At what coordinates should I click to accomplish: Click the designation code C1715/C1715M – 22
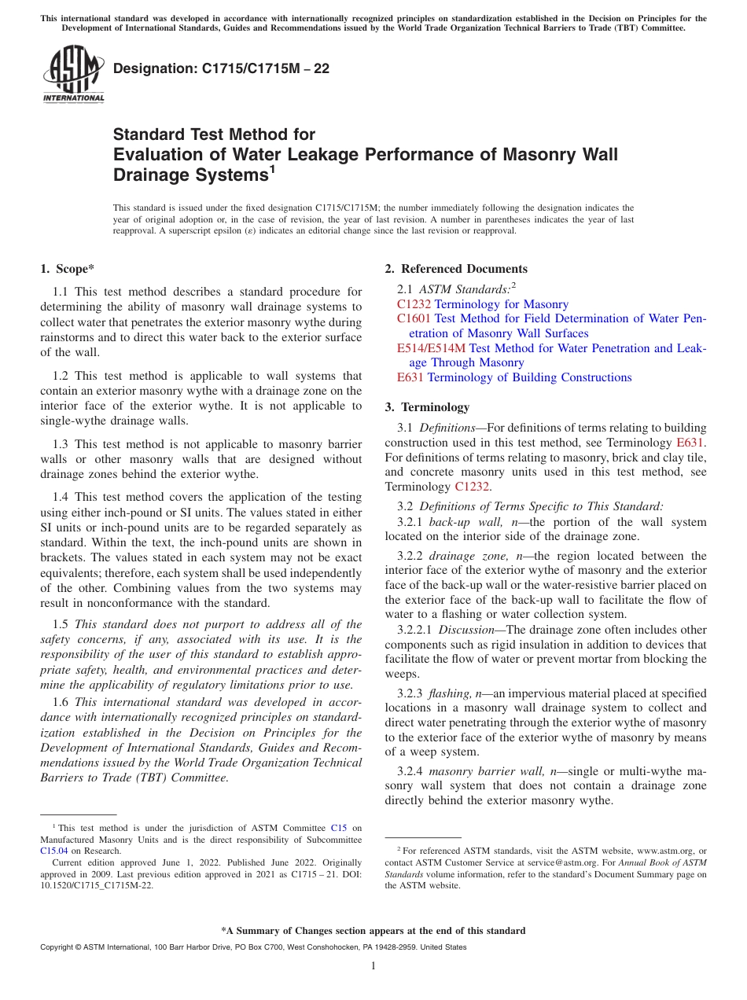(221, 68)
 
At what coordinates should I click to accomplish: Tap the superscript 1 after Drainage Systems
(273, 167)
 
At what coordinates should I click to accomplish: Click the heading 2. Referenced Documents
(456, 269)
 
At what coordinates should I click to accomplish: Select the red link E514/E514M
(432, 347)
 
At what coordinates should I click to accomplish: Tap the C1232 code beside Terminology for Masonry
(414, 304)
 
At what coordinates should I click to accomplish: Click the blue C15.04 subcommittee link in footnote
(53, 850)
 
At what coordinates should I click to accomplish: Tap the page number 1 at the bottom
(373, 966)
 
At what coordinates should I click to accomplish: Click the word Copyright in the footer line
(60, 947)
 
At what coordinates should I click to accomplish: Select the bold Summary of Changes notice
(373, 931)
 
